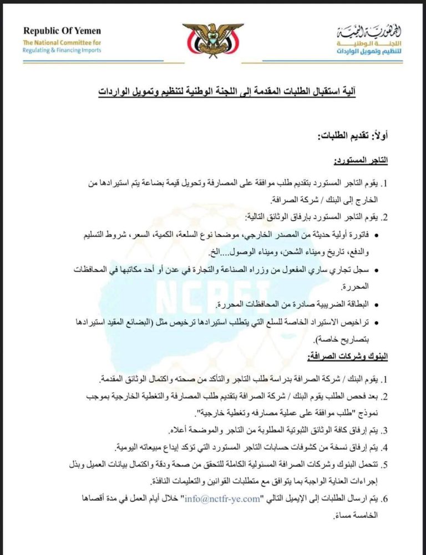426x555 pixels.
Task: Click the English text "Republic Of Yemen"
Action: (62, 31)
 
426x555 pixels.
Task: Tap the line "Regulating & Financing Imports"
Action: (62, 50)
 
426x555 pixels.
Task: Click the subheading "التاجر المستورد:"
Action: (361, 161)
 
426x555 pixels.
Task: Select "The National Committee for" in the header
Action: (62, 42)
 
